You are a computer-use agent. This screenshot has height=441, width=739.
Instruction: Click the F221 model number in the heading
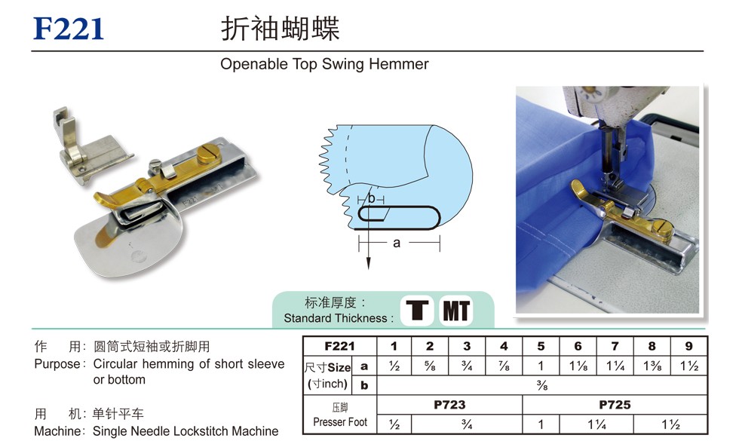tap(69, 29)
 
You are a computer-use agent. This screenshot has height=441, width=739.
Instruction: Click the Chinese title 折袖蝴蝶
tap(280, 29)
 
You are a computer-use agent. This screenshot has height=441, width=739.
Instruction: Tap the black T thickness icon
tap(417, 310)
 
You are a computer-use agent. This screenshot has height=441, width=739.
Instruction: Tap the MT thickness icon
tap(455, 310)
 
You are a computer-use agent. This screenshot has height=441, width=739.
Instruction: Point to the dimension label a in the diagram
tap(397, 243)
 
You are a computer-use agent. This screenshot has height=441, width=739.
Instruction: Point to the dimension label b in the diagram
tap(371, 198)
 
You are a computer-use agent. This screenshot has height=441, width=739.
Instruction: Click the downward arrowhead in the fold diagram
tap(369, 263)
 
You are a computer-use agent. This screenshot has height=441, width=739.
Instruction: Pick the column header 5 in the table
tap(541, 346)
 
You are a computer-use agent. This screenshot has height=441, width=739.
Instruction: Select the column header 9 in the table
tap(688, 346)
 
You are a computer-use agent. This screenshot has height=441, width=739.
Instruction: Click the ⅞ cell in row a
tap(504, 366)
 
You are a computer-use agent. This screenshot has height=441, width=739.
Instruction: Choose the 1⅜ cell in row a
tap(652, 366)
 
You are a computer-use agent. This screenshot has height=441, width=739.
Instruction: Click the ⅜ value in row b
tap(542, 385)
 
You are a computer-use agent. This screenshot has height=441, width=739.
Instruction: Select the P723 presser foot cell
tap(449, 405)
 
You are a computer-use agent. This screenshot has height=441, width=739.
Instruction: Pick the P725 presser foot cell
tap(615, 405)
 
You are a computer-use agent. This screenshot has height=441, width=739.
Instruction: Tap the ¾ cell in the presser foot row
tap(467, 424)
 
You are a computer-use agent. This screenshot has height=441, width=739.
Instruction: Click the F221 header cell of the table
tap(339, 346)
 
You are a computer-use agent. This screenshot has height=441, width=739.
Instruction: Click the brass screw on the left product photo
tap(207, 154)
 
